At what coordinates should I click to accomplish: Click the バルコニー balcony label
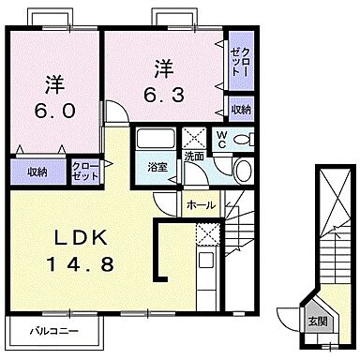(x=52, y=331)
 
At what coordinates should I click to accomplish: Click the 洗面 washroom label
(x=194, y=155)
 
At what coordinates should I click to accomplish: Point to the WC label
(x=221, y=140)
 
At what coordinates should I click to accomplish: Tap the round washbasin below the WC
(x=242, y=171)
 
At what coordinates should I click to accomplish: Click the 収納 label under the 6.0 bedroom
(x=37, y=172)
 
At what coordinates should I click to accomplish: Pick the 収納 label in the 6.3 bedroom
(x=240, y=110)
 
